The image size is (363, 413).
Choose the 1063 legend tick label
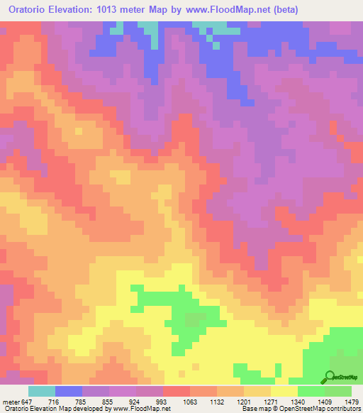(x=190, y=402)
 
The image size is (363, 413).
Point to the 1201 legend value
(x=244, y=402)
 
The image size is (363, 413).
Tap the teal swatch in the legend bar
(x=42, y=392)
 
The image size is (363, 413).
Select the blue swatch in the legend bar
(x=69, y=392)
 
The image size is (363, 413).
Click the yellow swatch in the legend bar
(x=284, y=392)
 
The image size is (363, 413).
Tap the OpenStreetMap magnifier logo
(x=330, y=376)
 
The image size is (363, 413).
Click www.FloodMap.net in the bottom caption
(x=135, y=409)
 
